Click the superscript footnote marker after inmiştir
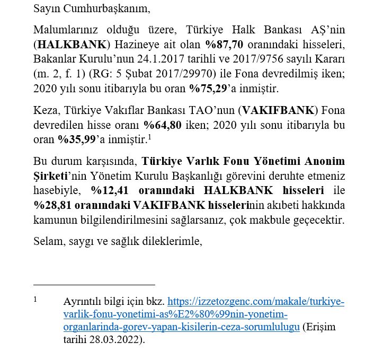[150, 136]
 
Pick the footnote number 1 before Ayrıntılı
[35, 299]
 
